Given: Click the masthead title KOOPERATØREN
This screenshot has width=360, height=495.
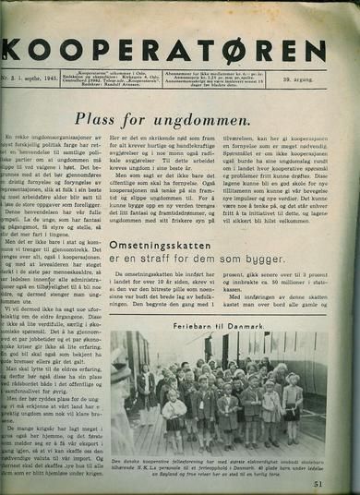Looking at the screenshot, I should (x=180, y=47).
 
